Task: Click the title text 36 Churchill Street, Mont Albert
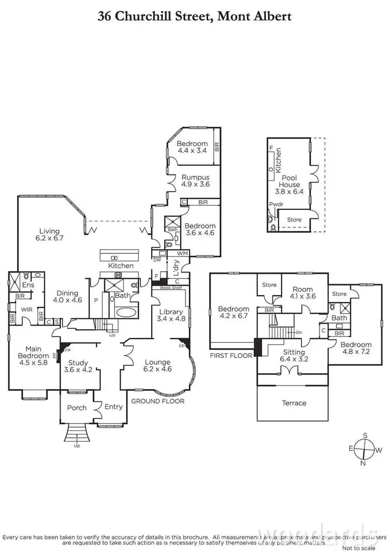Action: tap(195, 17)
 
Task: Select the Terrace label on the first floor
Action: tap(294, 403)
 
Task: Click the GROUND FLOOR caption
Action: tap(157, 401)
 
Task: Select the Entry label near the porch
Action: tap(113, 407)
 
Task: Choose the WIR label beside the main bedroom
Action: tap(27, 310)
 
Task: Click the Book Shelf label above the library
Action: tap(169, 287)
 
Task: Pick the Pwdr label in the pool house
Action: tap(276, 205)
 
